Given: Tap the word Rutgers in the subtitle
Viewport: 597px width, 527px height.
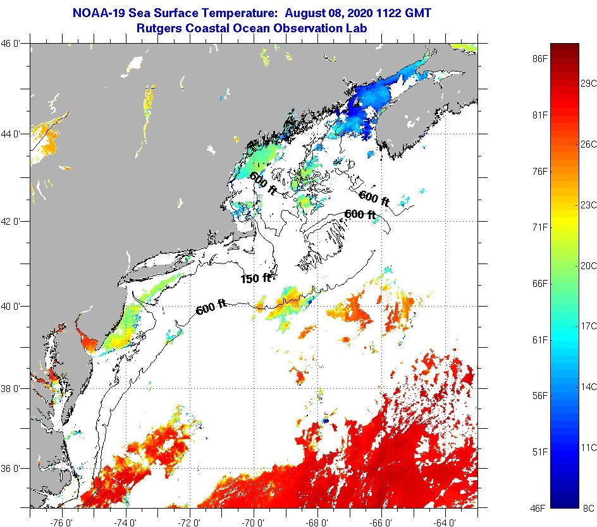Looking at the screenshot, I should click(x=158, y=28).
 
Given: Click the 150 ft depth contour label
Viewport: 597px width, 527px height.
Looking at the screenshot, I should click(x=255, y=278).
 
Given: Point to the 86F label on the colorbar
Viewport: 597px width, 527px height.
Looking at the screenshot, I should click(x=539, y=59).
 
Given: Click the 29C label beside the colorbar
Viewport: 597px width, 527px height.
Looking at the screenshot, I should click(x=589, y=83).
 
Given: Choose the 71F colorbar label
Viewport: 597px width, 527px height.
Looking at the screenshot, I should click(x=539, y=227).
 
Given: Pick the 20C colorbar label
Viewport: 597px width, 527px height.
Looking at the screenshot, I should click(x=589, y=265).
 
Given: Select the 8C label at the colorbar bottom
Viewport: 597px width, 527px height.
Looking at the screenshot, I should click(x=589, y=507).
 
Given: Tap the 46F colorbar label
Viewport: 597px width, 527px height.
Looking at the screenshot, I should click(x=539, y=507).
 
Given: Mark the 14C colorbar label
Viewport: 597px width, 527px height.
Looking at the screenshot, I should click(x=589, y=386).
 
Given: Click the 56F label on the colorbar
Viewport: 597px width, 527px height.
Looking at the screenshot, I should click(x=539, y=396).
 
